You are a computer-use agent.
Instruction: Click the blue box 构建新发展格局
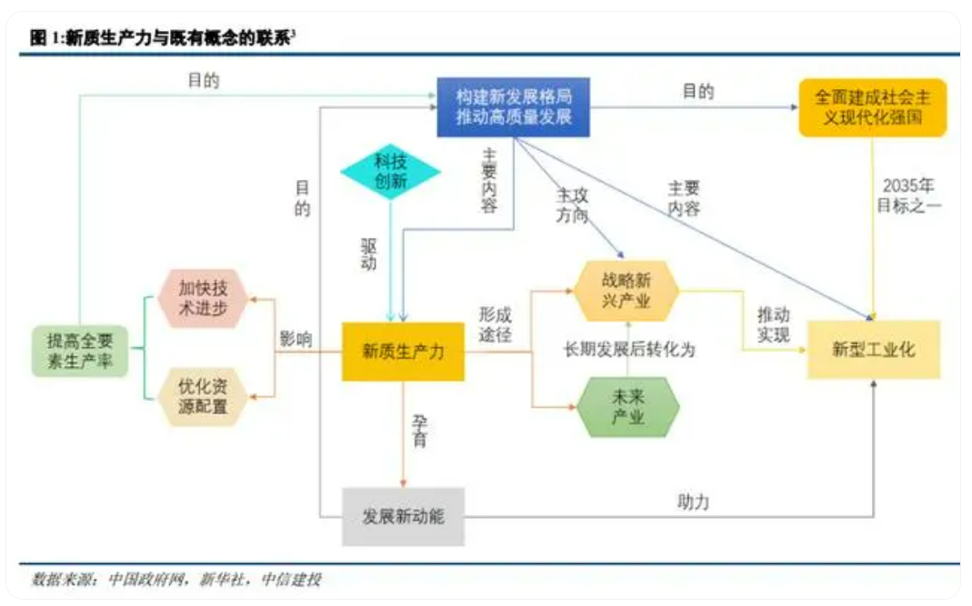[513, 106]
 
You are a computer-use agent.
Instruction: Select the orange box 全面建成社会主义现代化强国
[872, 107]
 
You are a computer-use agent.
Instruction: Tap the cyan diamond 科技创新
[391, 172]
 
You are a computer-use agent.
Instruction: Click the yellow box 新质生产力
[403, 352]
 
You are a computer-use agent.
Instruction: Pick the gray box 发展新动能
[403, 516]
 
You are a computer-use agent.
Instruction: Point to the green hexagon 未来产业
[628, 407]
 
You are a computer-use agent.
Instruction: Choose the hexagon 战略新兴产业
[626, 291]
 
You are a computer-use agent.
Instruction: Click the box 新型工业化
[874, 350]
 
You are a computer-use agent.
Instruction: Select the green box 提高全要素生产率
[80, 352]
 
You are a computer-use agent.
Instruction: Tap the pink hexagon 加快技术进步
[203, 298]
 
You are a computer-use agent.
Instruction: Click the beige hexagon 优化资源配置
[203, 396]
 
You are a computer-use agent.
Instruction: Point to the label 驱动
[369, 254]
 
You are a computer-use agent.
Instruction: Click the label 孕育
[420, 432]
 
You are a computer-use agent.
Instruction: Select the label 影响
[296, 339]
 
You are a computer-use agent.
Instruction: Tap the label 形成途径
[495, 324]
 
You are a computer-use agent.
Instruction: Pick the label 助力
[693, 502]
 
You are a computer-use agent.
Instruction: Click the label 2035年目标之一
[908, 195]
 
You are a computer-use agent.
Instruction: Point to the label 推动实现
[773, 324]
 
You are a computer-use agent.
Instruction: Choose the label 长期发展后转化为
[628, 350]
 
